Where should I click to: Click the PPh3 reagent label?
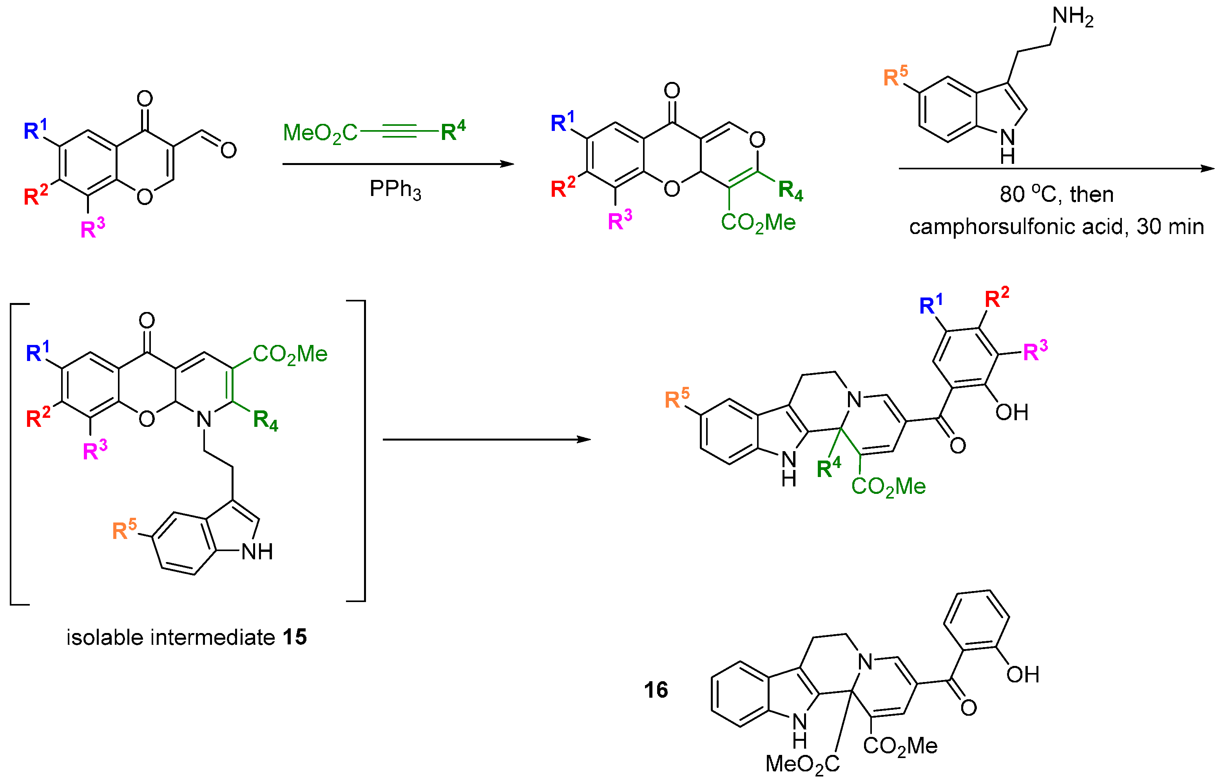click(x=395, y=190)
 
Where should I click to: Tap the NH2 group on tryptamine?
click(x=1072, y=17)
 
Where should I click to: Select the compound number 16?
click(x=656, y=690)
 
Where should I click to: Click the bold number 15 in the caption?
click(x=295, y=637)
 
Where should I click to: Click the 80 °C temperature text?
click(x=1020, y=194)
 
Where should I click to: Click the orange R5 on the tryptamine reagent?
click(x=895, y=76)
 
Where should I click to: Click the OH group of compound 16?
click(x=1023, y=675)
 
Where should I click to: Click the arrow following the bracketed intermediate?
click(x=486, y=440)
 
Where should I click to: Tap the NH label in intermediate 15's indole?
click(x=257, y=552)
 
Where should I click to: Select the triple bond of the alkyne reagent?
click(x=399, y=131)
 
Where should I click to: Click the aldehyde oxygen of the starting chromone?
click(x=228, y=150)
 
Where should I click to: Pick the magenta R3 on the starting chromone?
click(x=93, y=228)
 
